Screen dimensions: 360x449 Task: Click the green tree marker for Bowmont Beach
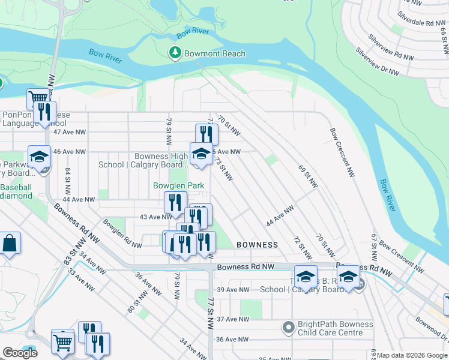pyautogui.click(x=175, y=53)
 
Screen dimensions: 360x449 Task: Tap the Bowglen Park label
pyautogui.click(x=178, y=185)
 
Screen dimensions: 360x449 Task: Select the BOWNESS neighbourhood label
pyautogui.click(x=257, y=245)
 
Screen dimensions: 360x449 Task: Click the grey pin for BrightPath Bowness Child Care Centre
pyautogui.click(x=289, y=328)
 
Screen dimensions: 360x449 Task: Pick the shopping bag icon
pyautogui.click(x=10, y=244)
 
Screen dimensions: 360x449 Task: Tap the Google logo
pyautogui.click(x=20, y=353)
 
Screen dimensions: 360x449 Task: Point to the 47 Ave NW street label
pyautogui.click(x=67, y=131)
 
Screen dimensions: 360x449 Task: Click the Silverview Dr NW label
pyautogui.click(x=377, y=62)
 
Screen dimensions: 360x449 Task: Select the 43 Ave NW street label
pyautogui.click(x=139, y=217)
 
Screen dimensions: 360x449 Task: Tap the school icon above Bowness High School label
pyautogui.click(x=201, y=153)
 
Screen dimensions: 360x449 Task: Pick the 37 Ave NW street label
pyautogui.click(x=233, y=319)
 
